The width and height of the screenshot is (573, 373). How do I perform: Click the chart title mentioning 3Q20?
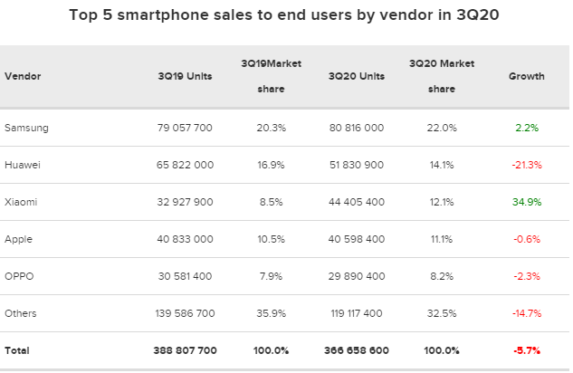point(285,16)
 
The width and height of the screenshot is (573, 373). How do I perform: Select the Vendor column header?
point(23,77)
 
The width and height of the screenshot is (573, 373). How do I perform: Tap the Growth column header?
point(526,77)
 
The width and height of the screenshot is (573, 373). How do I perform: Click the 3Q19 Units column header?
point(185,77)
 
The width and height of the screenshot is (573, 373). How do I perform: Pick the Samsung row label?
point(26,128)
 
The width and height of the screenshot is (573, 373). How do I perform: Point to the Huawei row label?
point(23,165)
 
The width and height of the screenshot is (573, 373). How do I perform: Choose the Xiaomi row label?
point(22,202)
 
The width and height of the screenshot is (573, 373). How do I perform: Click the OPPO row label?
point(19,276)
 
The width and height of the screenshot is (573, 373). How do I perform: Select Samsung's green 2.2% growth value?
point(527,128)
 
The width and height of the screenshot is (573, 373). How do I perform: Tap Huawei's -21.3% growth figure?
point(526,165)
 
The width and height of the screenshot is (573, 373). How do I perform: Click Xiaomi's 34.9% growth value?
point(526,202)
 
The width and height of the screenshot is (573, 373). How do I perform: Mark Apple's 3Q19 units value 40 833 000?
point(185,239)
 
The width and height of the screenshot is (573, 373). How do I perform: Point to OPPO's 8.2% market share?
point(441,276)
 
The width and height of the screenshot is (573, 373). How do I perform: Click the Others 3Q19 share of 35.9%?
point(271,313)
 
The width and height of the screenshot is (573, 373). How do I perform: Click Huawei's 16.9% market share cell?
point(271,165)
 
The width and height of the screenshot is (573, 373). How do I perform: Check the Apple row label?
point(19,239)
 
